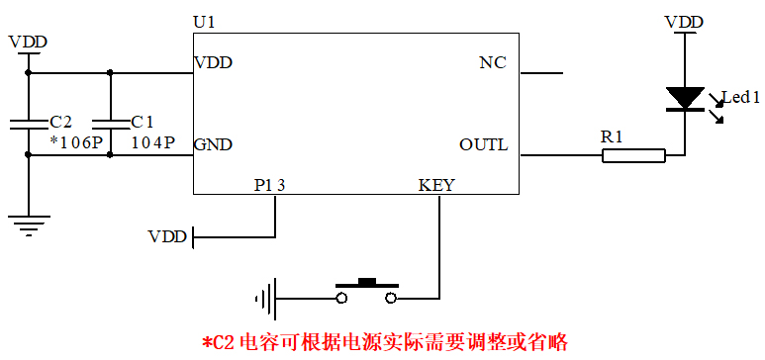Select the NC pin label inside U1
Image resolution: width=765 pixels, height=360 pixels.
(492, 63)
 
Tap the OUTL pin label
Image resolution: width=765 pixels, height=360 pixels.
(483, 144)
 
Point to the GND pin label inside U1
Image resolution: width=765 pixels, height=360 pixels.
(213, 144)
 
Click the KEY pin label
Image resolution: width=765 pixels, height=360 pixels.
(436, 185)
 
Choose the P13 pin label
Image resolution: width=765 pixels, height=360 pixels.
(270, 185)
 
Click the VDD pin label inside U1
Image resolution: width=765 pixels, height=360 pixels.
(213, 63)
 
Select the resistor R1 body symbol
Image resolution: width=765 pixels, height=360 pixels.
(633, 154)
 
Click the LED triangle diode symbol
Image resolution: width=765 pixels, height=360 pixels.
(684, 98)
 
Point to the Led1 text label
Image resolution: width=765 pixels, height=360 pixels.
(740, 97)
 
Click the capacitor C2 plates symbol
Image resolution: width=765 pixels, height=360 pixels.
(30, 125)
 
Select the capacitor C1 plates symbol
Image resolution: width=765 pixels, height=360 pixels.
(110, 125)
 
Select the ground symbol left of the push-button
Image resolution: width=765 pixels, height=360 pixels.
(264, 297)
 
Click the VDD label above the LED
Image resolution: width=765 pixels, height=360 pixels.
(684, 22)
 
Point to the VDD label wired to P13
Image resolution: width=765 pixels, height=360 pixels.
(166, 237)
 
